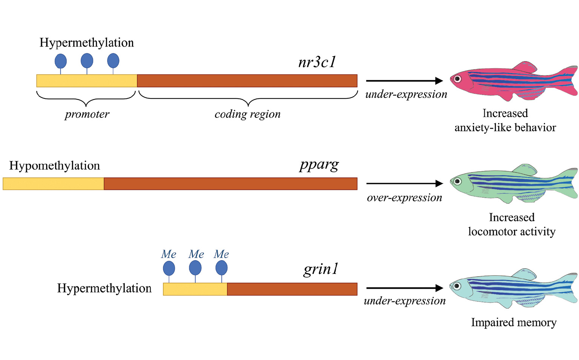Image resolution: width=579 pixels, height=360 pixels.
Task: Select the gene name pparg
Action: [x=319, y=165]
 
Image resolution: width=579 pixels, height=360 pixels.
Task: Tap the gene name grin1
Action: [x=321, y=269]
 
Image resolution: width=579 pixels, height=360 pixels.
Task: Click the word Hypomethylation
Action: [x=55, y=166]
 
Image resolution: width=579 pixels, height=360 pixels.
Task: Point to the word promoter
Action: [x=87, y=114]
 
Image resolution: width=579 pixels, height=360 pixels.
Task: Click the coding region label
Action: [x=247, y=114]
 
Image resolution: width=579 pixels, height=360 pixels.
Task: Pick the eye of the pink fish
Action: [x=458, y=79]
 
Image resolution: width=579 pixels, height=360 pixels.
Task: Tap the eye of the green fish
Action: [x=458, y=182]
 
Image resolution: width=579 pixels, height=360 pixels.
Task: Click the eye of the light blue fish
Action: [x=457, y=286]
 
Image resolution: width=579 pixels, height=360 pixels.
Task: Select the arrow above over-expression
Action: [x=404, y=184]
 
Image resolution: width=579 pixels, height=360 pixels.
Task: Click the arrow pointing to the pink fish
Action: [x=404, y=81]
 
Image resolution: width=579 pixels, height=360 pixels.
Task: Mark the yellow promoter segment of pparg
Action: [x=53, y=184]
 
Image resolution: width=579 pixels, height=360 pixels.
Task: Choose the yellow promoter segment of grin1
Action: [x=195, y=289]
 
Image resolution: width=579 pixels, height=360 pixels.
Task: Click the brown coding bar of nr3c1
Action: [x=247, y=81]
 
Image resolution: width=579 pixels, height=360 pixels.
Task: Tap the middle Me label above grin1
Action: [x=196, y=254]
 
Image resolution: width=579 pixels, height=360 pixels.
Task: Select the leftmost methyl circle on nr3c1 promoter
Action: [x=61, y=61]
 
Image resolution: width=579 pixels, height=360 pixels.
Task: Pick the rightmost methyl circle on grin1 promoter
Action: [x=221, y=268]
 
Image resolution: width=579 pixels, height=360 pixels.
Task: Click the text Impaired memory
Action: [x=514, y=323]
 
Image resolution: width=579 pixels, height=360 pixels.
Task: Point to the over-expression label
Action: [x=404, y=198]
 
